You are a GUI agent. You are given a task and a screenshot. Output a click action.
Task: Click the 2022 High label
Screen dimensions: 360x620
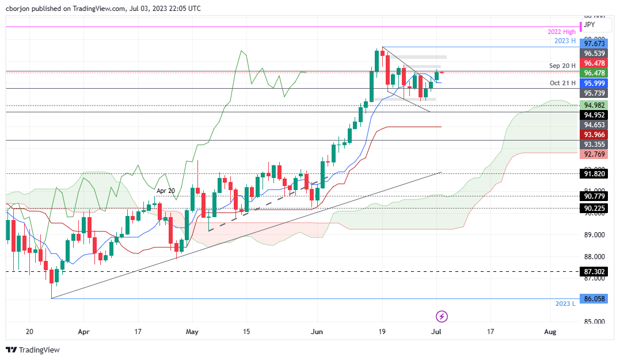click(561, 32)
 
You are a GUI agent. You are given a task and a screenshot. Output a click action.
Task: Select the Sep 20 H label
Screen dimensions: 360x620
click(562, 66)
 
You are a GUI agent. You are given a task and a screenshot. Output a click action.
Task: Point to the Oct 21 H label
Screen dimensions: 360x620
click(563, 83)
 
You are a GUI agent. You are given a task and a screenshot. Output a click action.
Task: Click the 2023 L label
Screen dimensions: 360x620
click(565, 304)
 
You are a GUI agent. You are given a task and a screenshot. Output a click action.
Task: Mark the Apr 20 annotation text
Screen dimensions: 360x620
click(166, 190)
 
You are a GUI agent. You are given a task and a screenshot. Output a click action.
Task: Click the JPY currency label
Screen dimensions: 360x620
click(589, 25)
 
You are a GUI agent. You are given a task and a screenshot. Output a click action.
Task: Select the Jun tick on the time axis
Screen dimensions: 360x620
click(316, 332)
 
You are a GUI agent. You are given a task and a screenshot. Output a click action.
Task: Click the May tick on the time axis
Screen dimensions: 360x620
click(192, 332)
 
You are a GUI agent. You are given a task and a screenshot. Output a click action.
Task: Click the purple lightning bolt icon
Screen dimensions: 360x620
click(442, 316)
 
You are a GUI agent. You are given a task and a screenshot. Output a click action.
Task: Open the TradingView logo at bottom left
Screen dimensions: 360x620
click(33, 350)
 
